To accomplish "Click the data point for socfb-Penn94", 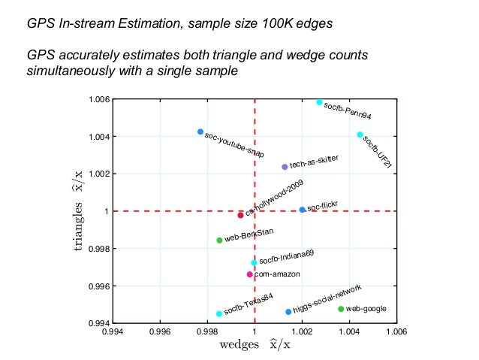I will tap(320, 102).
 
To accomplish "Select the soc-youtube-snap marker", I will tap(200, 132).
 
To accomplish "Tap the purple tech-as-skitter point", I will tap(285, 167).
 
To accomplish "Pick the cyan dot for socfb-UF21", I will tap(360, 135).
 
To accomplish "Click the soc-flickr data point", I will tap(302, 210).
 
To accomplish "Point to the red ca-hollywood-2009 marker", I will tap(241, 215).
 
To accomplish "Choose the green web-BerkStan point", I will tap(219, 241).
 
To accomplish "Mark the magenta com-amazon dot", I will tap(250, 274).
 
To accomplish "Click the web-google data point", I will tap(341, 309).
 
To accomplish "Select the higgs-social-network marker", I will tap(288, 312).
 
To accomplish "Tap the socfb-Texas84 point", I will tap(219, 314).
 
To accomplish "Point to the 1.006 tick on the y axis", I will tap(101, 99).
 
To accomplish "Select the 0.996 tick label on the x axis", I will tap(160, 331).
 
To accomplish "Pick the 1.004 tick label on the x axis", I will tap(349, 331).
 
